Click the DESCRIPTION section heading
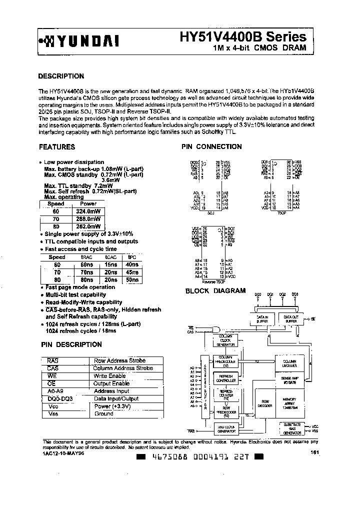tap(61, 76)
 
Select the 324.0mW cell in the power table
tap(88, 211)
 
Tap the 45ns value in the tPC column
tap(132, 272)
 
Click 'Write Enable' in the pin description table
tap(109, 375)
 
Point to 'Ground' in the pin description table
tap(103, 414)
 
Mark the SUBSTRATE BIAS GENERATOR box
tap(292, 428)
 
